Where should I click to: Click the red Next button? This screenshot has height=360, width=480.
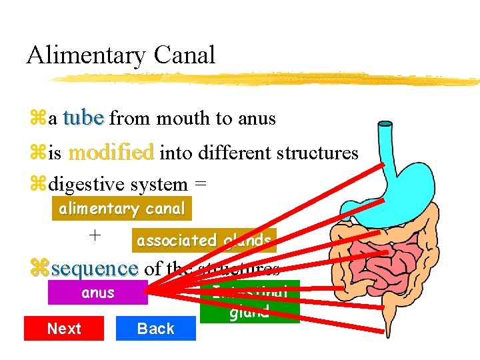tap(64, 328)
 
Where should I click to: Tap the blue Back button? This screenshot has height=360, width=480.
tap(155, 328)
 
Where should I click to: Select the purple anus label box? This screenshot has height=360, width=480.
tap(97, 293)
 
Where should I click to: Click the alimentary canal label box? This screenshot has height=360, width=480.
tap(122, 209)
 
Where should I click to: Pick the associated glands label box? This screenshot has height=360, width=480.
tap(203, 241)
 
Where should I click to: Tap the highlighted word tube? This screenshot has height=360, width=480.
tap(83, 118)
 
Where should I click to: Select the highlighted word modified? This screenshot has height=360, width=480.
tap(111, 153)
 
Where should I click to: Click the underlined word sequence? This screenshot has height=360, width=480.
tap(95, 269)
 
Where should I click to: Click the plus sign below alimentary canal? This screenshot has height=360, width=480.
tap(95, 235)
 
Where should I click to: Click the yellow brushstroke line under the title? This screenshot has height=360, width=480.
tap(267, 79)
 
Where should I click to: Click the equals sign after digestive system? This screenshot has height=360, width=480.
tap(199, 185)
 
